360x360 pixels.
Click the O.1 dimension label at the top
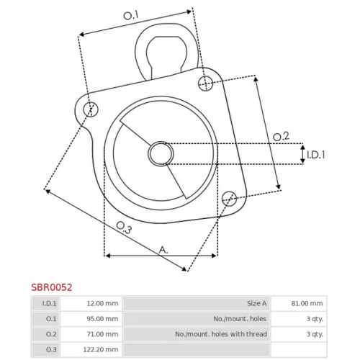[131, 15]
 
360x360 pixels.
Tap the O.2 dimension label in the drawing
[281, 137]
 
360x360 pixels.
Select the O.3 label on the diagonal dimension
[124, 228]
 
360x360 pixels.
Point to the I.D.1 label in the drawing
[316, 155]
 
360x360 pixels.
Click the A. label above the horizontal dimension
[163, 250]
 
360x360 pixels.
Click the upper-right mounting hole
[206, 84]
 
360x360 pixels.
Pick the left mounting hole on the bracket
[91, 109]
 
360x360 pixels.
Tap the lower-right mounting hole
[229, 199]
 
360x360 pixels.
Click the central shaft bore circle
[161, 153]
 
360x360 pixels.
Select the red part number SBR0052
[52, 287]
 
